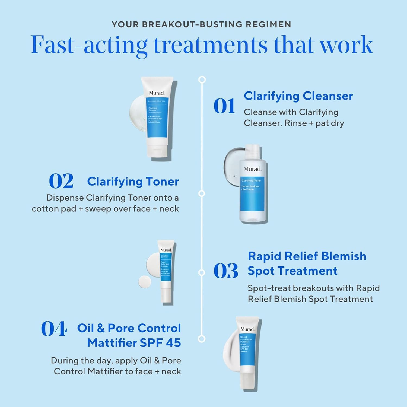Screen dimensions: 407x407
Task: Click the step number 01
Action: [224, 106]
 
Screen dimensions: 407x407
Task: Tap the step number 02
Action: [61, 181]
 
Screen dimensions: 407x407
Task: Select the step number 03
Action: [226, 271]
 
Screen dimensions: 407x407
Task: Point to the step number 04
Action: [54, 329]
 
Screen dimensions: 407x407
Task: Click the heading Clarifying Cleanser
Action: [298, 96]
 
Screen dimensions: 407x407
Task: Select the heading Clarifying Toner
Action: [133, 182]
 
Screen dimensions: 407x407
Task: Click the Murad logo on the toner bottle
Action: [252, 169]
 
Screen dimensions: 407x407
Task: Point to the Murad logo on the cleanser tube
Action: [157, 93]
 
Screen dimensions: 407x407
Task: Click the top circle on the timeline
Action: [202, 80]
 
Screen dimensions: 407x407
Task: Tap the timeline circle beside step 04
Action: [202, 339]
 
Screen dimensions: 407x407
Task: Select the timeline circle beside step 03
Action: [202, 272]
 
